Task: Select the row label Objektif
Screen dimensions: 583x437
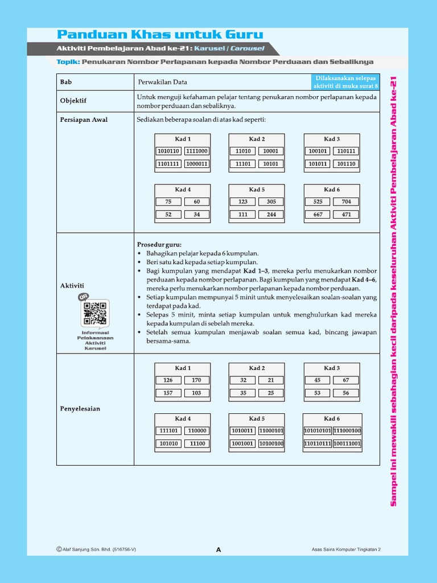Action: click(73, 101)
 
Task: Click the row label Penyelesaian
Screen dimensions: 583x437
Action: click(80, 409)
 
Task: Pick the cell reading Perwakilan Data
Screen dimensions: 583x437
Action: click(162, 82)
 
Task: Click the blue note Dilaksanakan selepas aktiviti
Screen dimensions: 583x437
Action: click(345, 81)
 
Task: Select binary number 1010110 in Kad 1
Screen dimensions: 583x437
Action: click(168, 151)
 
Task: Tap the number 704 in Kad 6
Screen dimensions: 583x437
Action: click(346, 202)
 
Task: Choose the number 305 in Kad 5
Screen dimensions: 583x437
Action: click(271, 202)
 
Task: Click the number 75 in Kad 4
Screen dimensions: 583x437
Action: click(168, 202)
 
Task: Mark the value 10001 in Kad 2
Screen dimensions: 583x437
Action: click(271, 151)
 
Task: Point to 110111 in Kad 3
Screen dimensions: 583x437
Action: click(346, 151)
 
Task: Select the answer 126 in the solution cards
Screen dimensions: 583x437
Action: click(168, 380)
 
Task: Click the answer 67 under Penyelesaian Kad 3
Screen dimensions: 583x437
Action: click(346, 380)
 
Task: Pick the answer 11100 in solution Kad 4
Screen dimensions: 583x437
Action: click(197, 444)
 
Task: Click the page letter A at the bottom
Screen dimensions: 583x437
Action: click(218, 549)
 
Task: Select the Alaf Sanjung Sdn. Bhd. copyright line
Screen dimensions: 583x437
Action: click(96, 549)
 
